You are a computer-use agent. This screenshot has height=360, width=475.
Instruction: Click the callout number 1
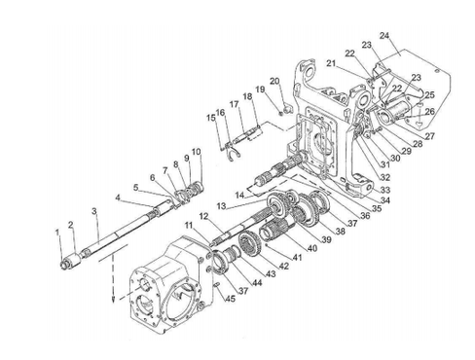point(57,232)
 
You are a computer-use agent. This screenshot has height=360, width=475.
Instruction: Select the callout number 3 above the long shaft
point(94,211)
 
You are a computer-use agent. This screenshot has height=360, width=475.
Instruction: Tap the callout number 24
point(384,36)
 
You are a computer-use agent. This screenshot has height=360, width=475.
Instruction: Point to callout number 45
point(230,298)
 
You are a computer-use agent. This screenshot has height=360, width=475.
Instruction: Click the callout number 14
point(239,196)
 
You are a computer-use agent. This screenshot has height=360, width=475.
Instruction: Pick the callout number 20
point(274,81)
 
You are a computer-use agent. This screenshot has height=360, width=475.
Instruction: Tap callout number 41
point(297,258)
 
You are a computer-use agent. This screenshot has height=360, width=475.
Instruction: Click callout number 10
point(196,152)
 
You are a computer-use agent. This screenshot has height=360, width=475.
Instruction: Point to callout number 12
point(204,216)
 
